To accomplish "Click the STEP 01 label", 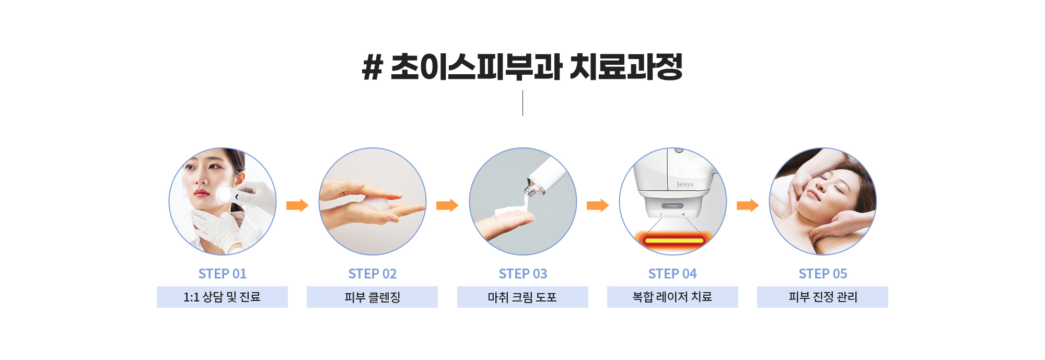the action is [222, 274].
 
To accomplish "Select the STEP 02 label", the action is [373, 274].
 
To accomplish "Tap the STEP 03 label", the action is [522, 274].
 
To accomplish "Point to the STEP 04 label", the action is [672, 274].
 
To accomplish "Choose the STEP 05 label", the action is [823, 274].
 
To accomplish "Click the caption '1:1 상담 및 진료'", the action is [222, 297].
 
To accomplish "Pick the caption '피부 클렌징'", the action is [373, 297].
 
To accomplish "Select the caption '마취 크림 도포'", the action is [522, 297].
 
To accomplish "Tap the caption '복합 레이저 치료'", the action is [672, 297].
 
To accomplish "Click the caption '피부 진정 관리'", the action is [823, 297].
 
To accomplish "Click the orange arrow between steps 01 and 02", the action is [297, 205].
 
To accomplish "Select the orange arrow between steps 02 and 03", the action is [447, 205].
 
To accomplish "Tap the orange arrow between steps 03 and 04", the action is [598, 205].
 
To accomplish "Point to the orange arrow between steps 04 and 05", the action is [748, 205].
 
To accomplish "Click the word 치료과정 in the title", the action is [626, 67].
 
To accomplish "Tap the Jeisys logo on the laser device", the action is [685, 184].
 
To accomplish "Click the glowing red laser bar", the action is [674, 240].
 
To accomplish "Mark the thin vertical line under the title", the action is [522, 103].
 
